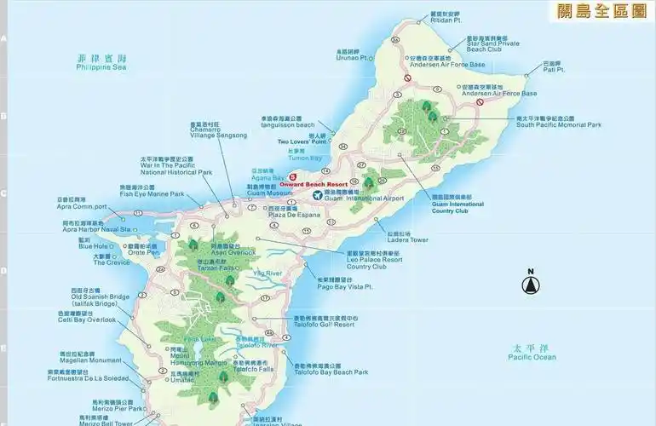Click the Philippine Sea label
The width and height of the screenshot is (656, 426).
[101, 66]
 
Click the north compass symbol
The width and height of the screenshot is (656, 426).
[530, 284]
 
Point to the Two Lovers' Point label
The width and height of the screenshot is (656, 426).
[302, 141]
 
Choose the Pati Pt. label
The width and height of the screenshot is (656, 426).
[554, 70]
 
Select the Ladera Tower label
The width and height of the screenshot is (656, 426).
[407, 240]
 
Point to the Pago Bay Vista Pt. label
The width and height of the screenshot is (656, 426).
[345, 287]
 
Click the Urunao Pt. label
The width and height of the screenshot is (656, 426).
[352, 58]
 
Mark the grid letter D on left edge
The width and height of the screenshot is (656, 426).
[3, 272]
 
